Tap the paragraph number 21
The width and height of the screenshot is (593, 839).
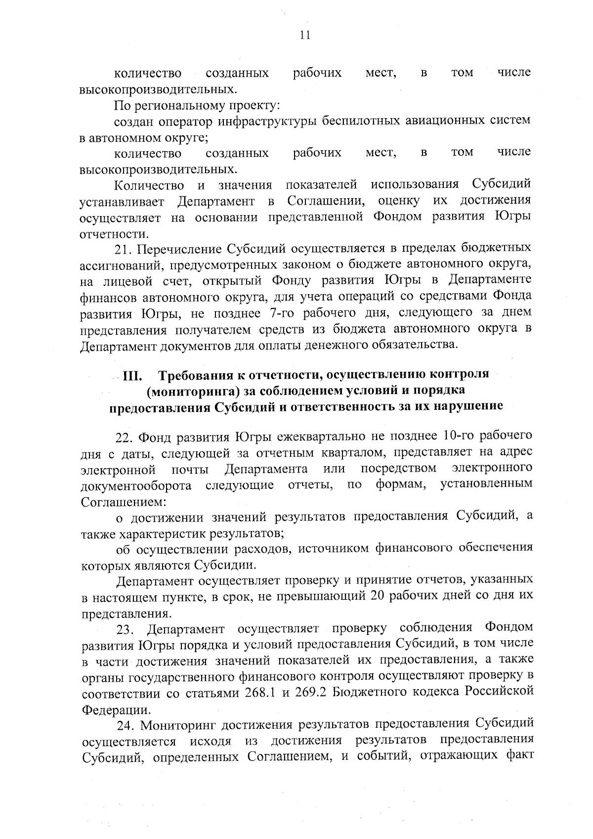point(123,248)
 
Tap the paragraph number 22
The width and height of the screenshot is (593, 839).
point(124,438)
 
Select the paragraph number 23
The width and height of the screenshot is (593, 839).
point(124,629)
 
